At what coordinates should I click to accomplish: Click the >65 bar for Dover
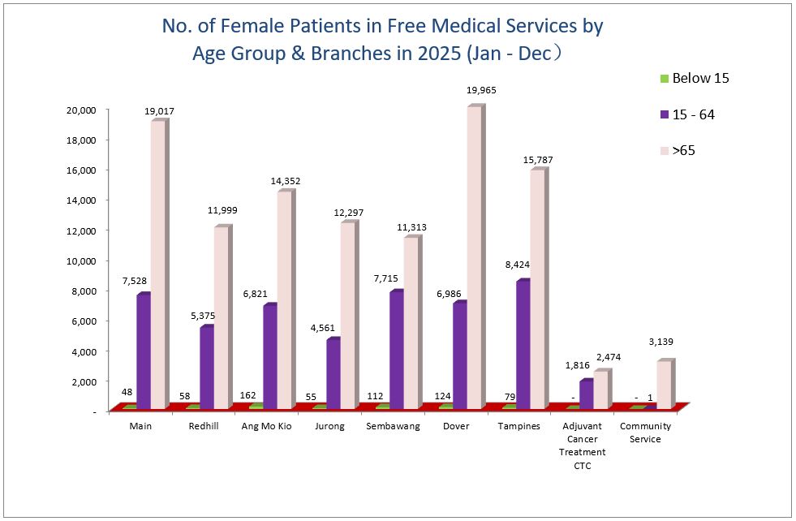point(474,256)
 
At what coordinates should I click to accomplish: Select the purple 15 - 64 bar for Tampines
point(522,344)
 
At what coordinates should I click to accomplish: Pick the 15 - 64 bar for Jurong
point(333,373)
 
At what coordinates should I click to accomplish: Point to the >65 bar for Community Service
point(663,384)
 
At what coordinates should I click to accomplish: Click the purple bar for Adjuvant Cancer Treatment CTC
point(586,394)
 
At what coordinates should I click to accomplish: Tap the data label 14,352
point(285,181)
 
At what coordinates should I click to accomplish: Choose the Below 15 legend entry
point(695,79)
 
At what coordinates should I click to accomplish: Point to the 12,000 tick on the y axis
point(82,230)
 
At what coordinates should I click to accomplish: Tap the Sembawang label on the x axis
point(393,427)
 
